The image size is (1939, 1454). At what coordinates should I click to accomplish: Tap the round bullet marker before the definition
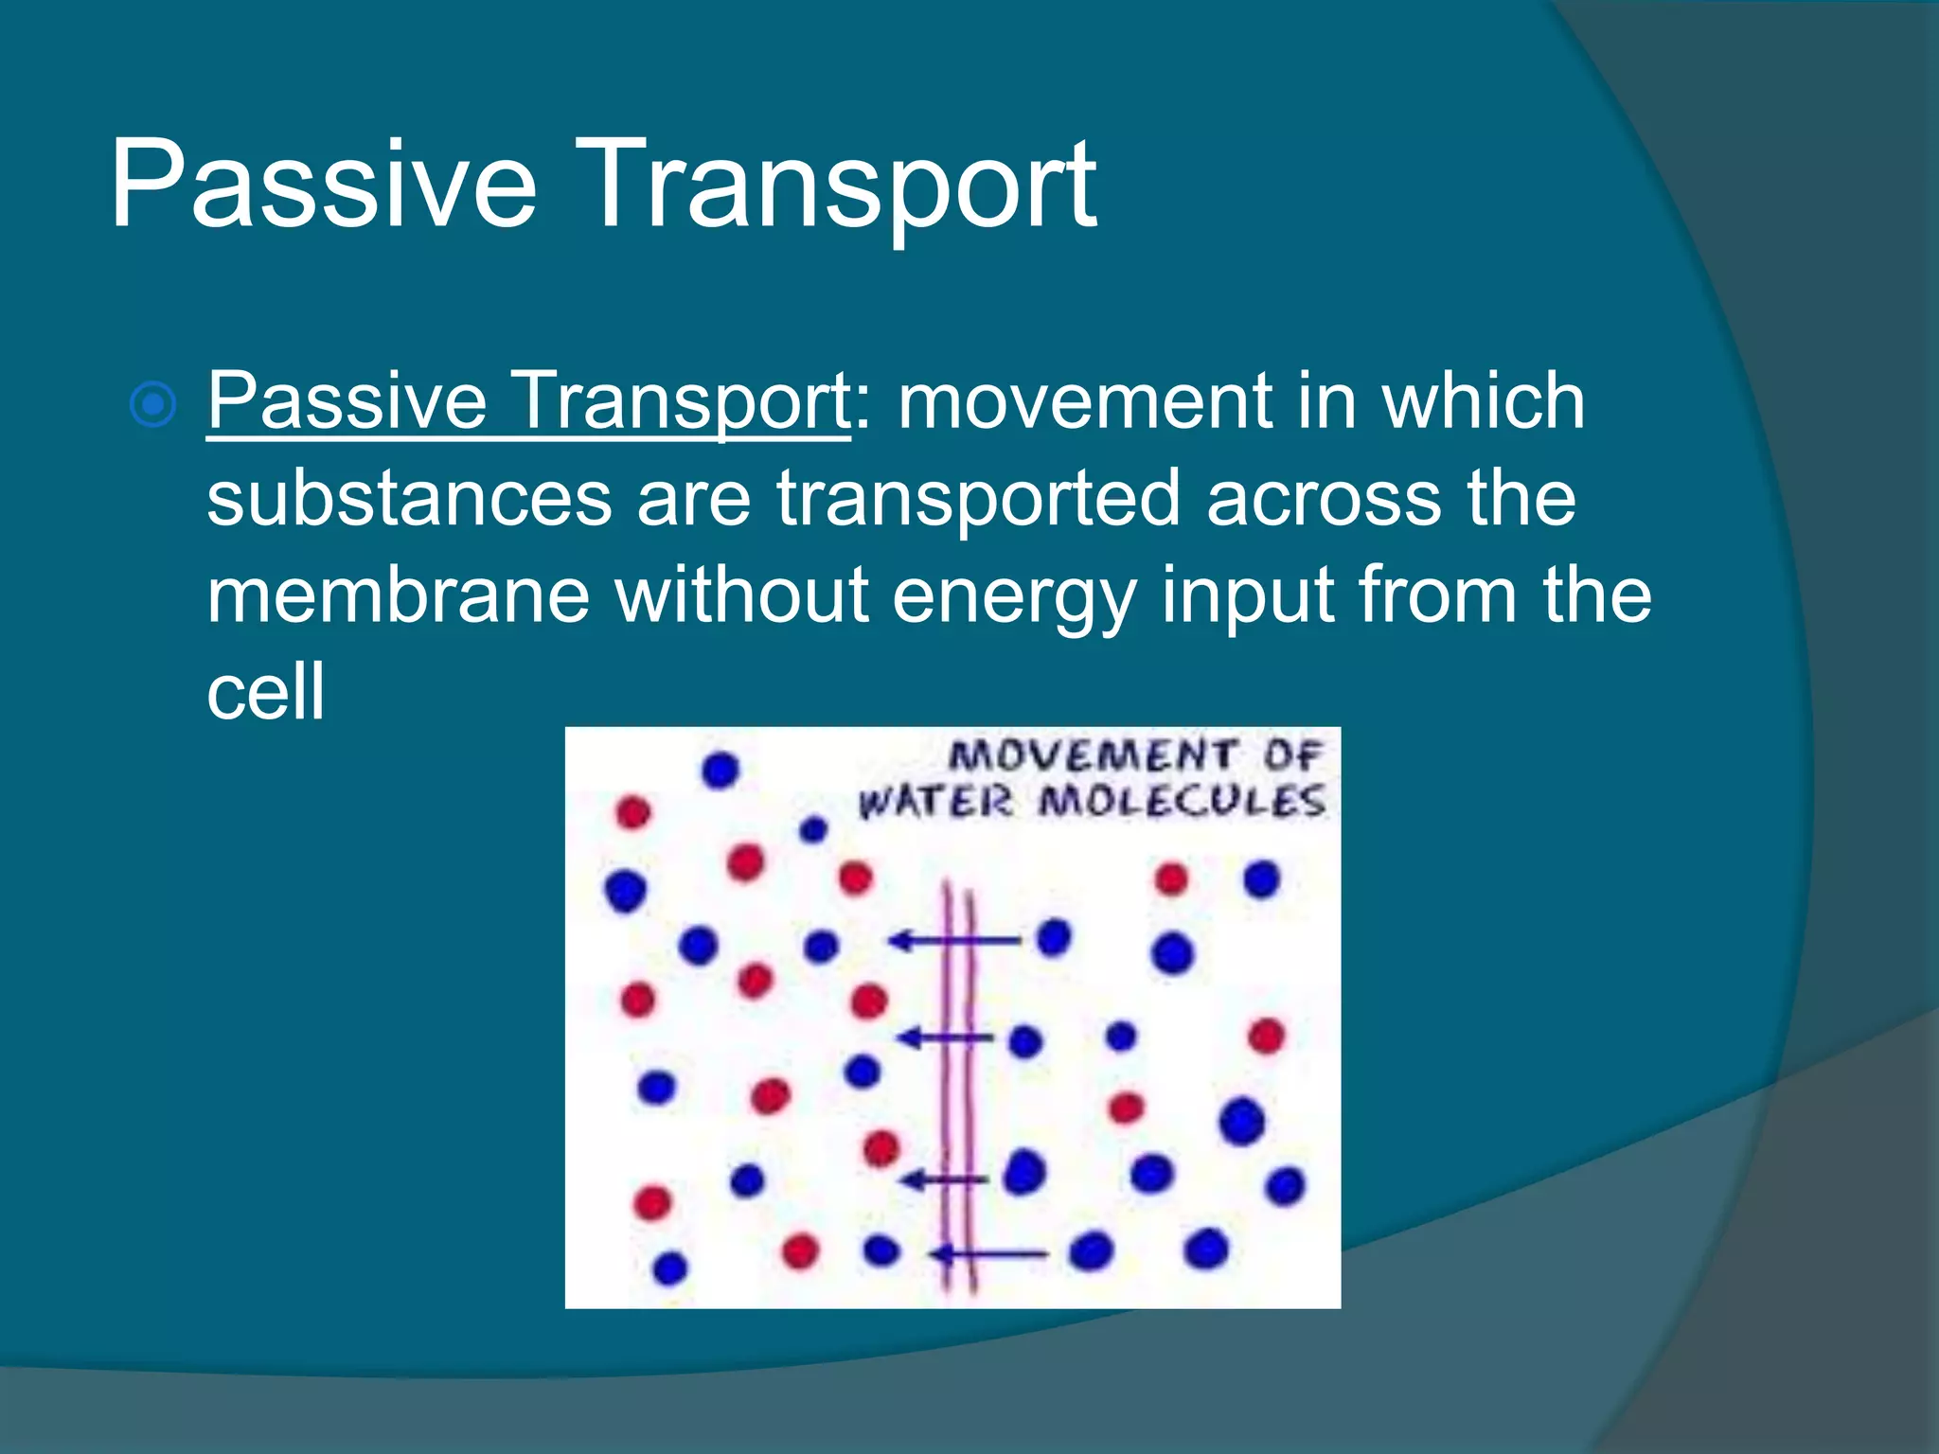point(152,405)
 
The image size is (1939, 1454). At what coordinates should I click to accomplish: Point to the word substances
point(409,499)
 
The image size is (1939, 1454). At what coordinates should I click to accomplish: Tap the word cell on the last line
point(265,691)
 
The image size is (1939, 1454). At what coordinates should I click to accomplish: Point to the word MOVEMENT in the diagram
point(1093,755)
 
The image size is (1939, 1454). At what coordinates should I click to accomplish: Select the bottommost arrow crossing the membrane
point(989,1255)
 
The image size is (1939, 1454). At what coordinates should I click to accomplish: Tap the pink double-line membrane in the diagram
point(958,1089)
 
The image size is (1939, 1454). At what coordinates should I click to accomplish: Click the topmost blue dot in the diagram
point(720,770)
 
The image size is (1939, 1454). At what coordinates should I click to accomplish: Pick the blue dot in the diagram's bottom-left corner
point(669,1268)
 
